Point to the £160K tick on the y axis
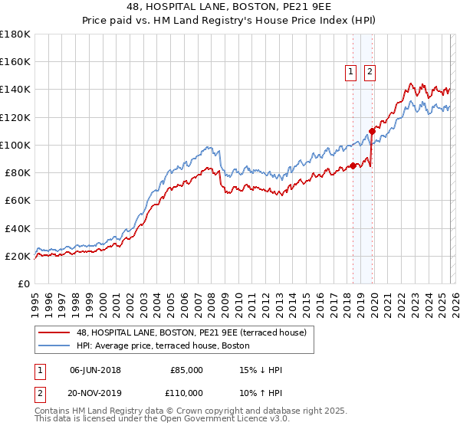(x=15, y=62)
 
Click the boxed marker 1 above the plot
(x=350, y=72)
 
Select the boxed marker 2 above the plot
(x=370, y=72)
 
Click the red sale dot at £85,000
(x=353, y=165)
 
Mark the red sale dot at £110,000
(x=372, y=131)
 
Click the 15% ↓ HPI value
(x=261, y=370)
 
